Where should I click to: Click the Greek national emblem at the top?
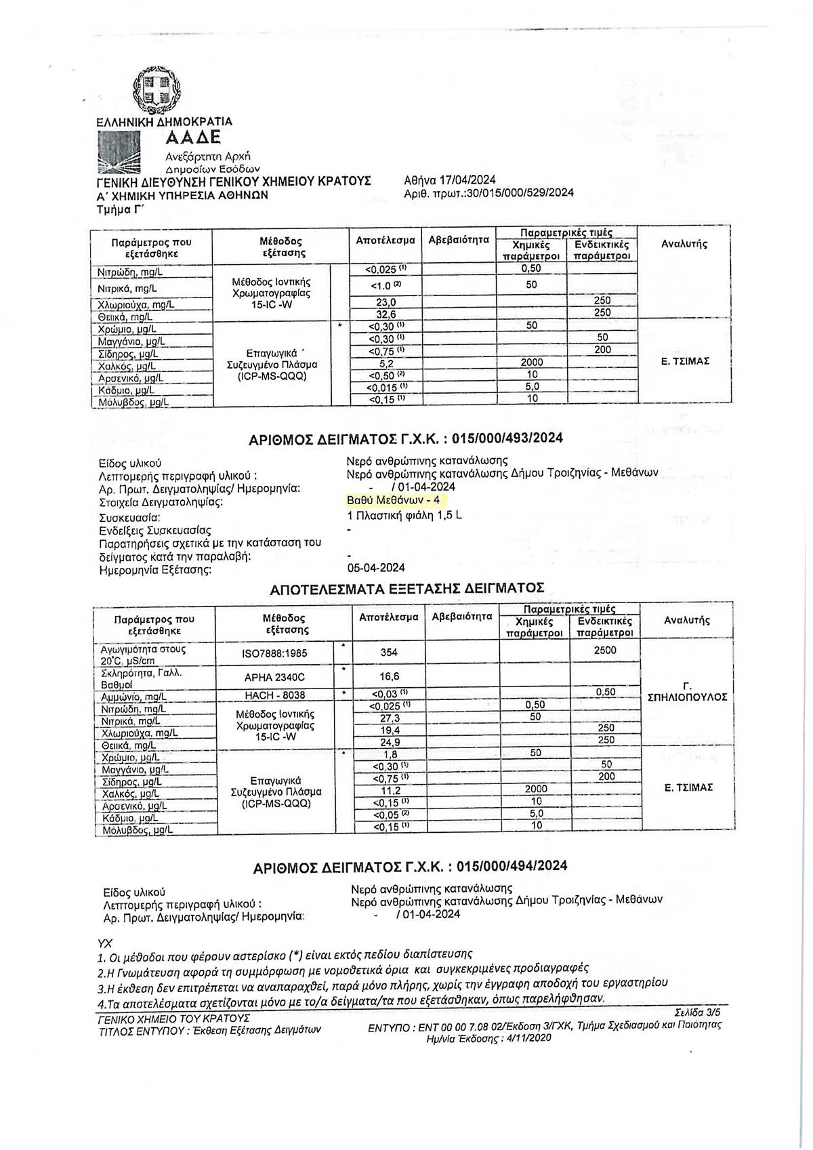[157, 90]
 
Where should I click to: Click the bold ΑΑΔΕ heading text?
[193, 138]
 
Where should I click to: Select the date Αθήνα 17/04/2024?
[449, 180]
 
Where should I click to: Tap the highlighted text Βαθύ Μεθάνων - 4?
[393, 500]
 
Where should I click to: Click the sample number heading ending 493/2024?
[406, 438]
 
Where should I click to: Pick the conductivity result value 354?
[389, 652]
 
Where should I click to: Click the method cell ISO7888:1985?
[274, 653]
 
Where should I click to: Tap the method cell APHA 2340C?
[274, 677]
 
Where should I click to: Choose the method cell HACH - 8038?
[274, 695]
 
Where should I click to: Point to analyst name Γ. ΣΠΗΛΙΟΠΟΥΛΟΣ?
[687, 691]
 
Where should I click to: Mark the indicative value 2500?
[605, 650]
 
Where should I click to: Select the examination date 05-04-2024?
[375, 568]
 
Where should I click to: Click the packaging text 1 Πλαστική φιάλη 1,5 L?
[404, 515]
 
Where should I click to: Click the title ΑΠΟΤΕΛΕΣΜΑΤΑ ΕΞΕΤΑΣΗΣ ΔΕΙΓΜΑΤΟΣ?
[406, 588]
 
